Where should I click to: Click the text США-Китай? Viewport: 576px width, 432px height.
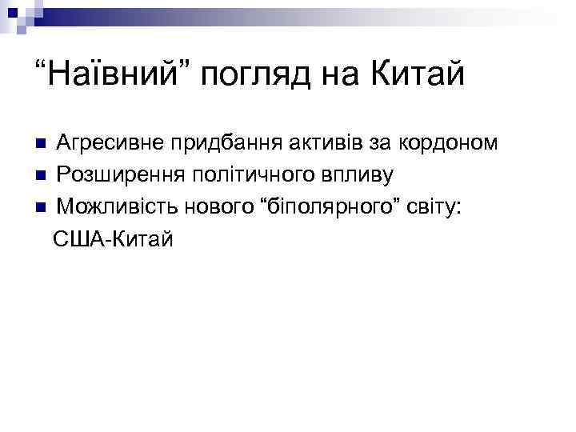click(x=113, y=238)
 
